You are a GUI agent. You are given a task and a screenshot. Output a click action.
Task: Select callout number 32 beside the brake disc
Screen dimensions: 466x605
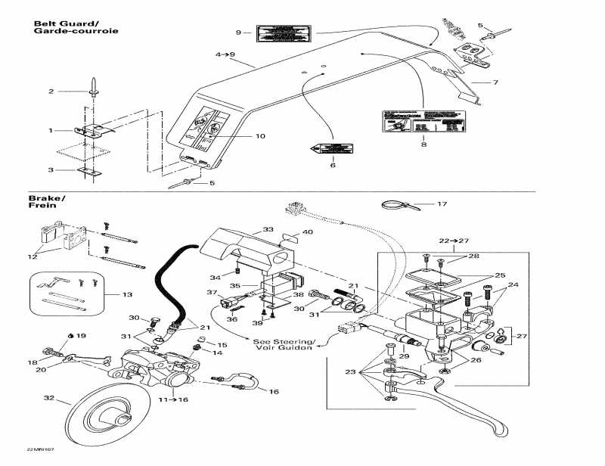click(49, 398)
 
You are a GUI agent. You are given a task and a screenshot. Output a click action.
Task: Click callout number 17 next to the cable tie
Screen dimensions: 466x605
click(442, 203)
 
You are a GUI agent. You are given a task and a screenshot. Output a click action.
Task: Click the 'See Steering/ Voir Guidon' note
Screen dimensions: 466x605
click(287, 343)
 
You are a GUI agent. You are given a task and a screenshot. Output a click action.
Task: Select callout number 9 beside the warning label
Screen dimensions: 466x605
click(238, 33)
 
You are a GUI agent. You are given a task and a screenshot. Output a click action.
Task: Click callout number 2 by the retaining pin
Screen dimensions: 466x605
click(51, 92)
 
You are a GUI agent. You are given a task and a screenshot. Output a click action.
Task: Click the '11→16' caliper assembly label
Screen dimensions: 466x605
click(172, 399)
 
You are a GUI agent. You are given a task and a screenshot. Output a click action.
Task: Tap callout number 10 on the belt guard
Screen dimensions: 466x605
click(260, 136)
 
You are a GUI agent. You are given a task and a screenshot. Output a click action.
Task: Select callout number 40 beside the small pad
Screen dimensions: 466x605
click(308, 232)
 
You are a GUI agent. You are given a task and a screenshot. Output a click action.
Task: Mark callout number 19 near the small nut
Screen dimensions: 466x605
click(82, 335)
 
